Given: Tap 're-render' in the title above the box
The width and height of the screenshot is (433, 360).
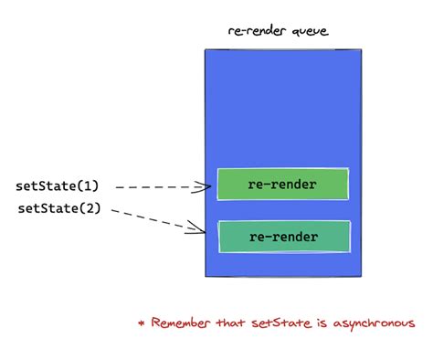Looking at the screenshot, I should click(x=256, y=32).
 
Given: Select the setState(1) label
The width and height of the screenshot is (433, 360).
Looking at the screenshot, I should click(x=57, y=186).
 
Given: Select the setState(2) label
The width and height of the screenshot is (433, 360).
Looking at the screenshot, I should click(x=57, y=208).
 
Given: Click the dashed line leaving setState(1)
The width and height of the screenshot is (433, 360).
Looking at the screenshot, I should click(x=155, y=187).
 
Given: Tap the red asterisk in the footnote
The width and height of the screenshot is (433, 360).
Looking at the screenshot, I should click(x=141, y=323).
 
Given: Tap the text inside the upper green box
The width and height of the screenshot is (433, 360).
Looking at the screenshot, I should click(x=282, y=185).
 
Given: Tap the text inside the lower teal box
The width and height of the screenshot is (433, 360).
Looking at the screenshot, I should click(x=283, y=238).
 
